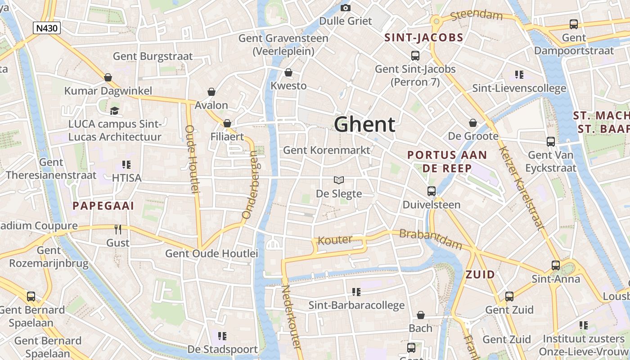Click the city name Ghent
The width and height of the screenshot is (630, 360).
click(x=364, y=125)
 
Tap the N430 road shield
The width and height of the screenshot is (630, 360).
click(x=47, y=28)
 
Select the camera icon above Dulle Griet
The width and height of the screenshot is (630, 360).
click(x=346, y=8)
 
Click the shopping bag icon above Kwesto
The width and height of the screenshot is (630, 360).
click(x=288, y=72)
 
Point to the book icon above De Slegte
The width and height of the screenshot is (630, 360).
click(x=339, y=180)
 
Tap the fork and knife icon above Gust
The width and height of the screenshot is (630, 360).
click(x=118, y=229)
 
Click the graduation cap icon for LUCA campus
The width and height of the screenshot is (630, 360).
click(x=115, y=111)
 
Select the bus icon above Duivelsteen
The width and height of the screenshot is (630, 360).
click(x=432, y=191)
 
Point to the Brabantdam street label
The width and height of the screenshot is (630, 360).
click(x=431, y=239)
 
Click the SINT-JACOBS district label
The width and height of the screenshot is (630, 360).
click(x=424, y=38)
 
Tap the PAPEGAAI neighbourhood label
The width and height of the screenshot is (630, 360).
click(x=103, y=206)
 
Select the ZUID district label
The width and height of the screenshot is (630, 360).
click(x=480, y=274)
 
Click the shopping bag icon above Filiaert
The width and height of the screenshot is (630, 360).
click(x=227, y=123)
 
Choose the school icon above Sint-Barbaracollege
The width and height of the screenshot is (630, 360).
click(x=356, y=292)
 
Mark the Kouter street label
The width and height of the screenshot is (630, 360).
click(x=335, y=240)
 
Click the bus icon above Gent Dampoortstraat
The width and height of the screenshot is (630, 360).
click(x=574, y=24)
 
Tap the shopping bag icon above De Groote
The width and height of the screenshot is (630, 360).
click(x=473, y=123)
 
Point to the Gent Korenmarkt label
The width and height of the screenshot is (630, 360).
click(x=327, y=150)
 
